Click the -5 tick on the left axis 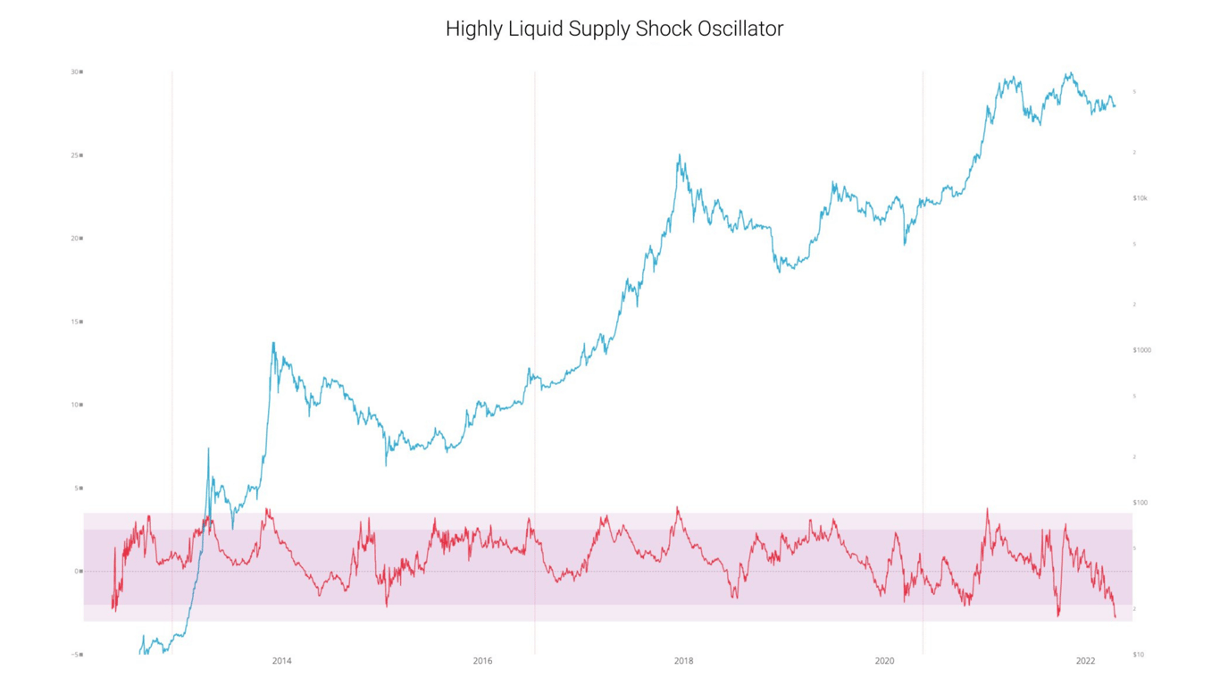tap(76, 655)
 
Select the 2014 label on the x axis tap(281, 661)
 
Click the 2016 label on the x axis tap(482, 661)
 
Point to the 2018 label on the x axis tap(683, 661)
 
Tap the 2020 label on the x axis tap(884, 661)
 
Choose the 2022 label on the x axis tap(1085, 661)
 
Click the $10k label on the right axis tap(1140, 198)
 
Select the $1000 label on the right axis tap(1141, 350)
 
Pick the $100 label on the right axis tap(1140, 503)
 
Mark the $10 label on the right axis tap(1138, 655)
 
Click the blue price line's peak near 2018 tap(680, 155)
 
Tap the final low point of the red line tap(1115, 617)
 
